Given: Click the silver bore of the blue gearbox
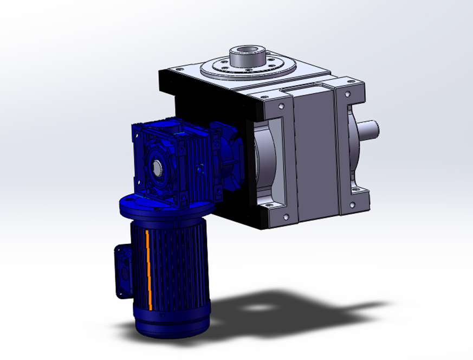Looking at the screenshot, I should pyautogui.click(x=158, y=168).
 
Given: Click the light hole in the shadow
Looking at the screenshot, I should pyautogui.click(x=264, y=307).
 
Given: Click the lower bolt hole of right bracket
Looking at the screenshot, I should pyautogui.click(x=353, y=204).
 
